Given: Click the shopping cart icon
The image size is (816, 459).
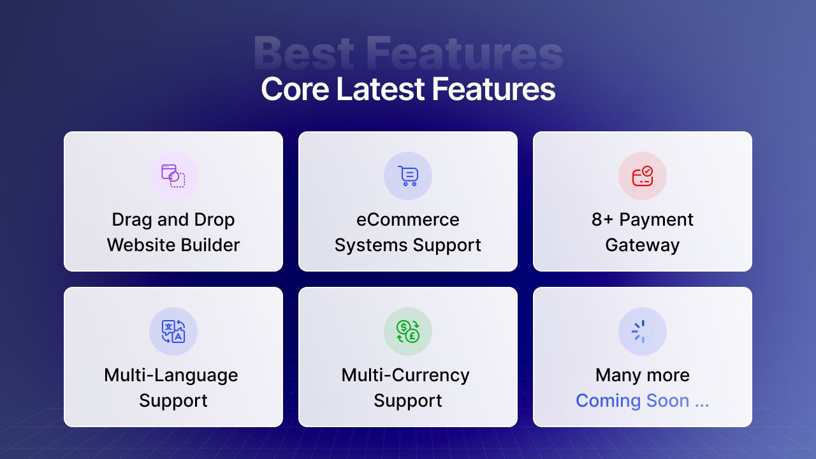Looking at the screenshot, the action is (x=408, y=176).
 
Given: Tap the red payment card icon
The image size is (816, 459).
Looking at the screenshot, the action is (x=643, y=176).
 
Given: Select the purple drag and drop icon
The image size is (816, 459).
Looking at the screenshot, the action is (x=173, y=176).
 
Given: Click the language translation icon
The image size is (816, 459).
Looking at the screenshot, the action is (x=173, y=331).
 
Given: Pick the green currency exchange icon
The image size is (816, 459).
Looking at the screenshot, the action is (x=408, y=331).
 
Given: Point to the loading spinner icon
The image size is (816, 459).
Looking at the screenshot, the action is (x=643, y=331).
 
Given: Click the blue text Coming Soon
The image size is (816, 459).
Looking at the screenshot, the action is (x=632, y=401).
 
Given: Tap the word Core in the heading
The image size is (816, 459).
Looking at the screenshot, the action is (x=295, y=89).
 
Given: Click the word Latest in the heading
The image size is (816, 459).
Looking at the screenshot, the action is (x=381, y=89).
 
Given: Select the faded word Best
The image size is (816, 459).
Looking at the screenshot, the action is (x=304, y=53).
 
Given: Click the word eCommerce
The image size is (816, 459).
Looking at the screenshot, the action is (x=408, y=220).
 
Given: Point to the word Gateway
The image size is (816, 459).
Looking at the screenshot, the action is (x=643, y=245).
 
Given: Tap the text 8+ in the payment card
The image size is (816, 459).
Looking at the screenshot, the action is (x=602, y=220).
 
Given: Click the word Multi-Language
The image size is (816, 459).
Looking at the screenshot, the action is (x=171, y=375).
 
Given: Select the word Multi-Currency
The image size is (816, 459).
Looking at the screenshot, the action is (x=405, y=375).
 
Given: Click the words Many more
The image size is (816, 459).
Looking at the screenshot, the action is (x=643, y=375).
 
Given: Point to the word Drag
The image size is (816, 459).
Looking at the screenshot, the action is (x=132, y=221).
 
